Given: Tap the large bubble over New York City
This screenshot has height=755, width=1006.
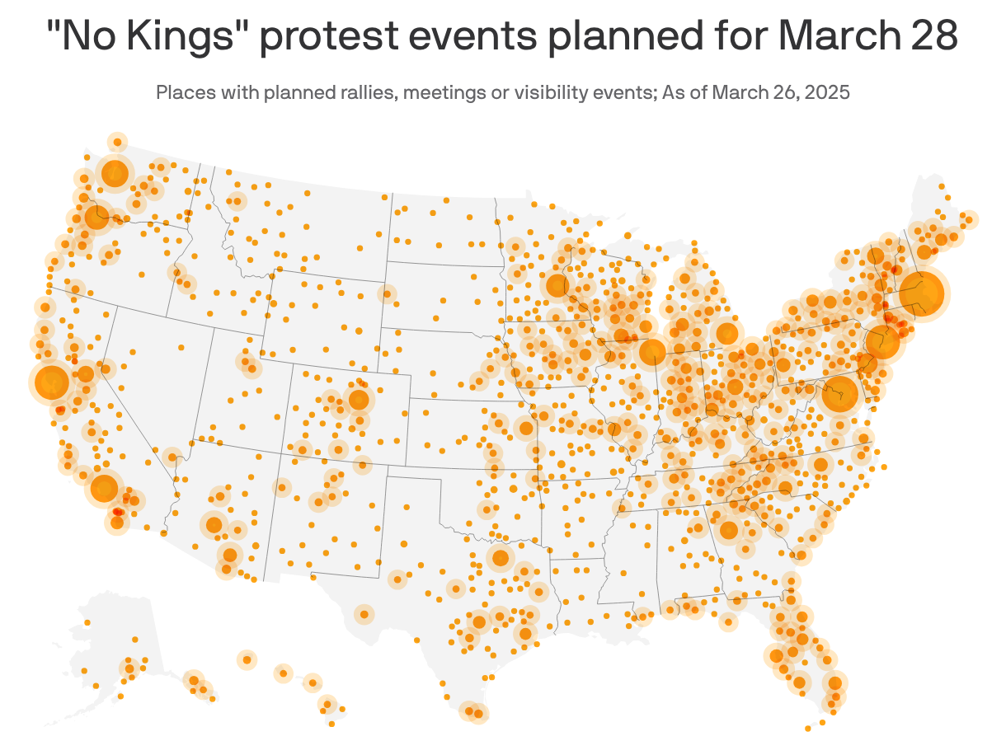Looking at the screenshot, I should coord(881,342).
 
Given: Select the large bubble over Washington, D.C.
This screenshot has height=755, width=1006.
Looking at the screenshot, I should coord(840,395).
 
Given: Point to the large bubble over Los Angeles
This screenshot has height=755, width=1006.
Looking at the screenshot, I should coord(104,488).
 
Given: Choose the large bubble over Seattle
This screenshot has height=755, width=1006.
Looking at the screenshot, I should coord(115,173).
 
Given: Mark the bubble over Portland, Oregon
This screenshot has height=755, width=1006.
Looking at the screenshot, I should coord(97,218).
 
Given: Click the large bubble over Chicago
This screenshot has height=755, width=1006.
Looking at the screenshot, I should coord(652,352).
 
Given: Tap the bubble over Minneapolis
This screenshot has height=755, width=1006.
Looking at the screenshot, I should coord(557,286).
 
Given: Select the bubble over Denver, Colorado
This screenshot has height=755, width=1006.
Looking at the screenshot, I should coord(359,400).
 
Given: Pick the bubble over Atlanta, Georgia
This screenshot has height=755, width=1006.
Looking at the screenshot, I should coord(728,530).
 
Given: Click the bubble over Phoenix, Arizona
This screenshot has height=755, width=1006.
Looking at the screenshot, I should coord(214,524).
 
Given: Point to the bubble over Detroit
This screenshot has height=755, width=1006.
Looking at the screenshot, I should coord(726,333).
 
